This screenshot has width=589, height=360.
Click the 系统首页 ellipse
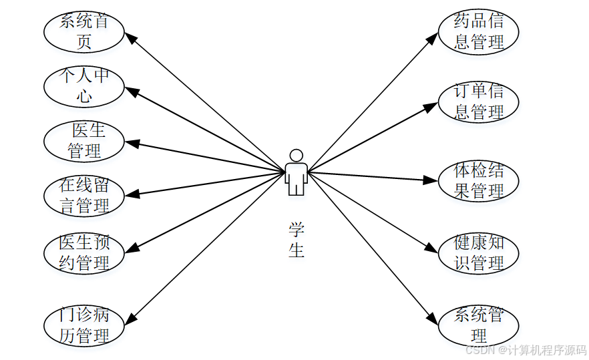point(83,31)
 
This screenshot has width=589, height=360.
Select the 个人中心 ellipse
point(83,85)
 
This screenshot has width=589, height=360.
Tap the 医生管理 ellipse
point(83,140)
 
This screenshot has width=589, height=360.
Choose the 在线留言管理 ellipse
point(83,195)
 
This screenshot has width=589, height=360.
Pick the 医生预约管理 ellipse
point(83,252)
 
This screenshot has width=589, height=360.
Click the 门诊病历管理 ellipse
point(83,325)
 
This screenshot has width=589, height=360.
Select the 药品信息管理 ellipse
point(478,31)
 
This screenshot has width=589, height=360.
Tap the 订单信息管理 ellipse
point(478,102)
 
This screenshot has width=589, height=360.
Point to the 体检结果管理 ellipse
point(478,180)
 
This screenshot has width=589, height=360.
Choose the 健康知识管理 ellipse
point(478,252)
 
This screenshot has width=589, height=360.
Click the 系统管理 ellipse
point(478,325)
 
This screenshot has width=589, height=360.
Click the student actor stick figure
point(296,172)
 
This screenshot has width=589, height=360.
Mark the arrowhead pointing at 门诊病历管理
point(132,318)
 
